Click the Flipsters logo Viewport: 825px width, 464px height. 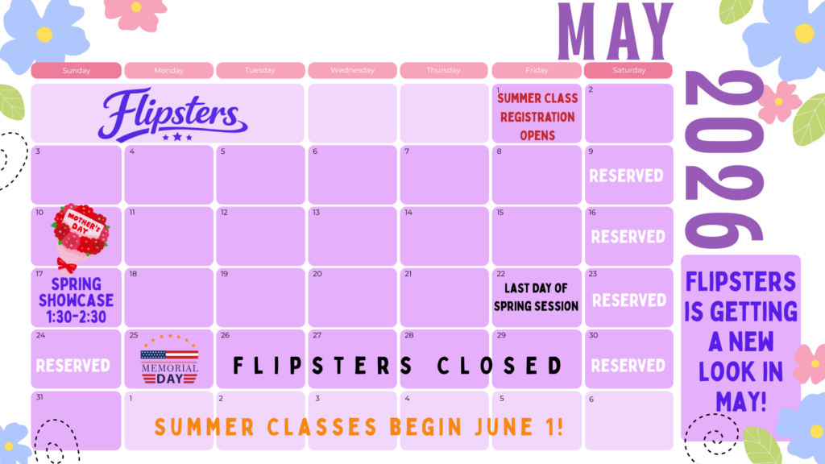point(172,114)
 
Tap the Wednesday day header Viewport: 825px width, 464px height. point(353,70)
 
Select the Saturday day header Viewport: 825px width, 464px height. point(628,70)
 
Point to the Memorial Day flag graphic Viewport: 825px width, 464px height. point(169,358)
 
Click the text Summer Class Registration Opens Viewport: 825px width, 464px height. point(537,117)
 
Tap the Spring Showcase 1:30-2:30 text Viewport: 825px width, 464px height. point(77,300)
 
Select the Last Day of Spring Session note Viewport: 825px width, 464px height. point(536,297)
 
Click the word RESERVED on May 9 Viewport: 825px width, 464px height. point(626,176)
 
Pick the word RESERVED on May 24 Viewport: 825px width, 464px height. point(73,366)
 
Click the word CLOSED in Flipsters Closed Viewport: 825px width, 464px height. point(500,366)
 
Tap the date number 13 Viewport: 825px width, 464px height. point(316,213)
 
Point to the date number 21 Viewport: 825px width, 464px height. point(408,274)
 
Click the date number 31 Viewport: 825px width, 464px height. point(39,397)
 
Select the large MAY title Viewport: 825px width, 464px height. point(615,31)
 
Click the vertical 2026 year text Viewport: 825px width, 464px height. point(724,160)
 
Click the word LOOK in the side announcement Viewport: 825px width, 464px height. point(741,371)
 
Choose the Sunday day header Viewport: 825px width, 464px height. point(77,71)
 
